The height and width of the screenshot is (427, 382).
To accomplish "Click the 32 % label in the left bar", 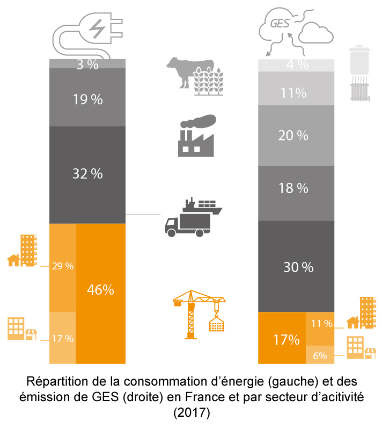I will click(87, 174).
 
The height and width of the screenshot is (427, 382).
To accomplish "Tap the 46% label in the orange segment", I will click(100, 289).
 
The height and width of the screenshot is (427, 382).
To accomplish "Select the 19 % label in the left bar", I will click(87, 99).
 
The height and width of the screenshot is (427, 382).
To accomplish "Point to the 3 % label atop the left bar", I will click(87, 65).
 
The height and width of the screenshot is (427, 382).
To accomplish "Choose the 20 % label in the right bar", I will click(293, 136).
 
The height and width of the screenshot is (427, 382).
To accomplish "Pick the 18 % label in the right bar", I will click(293, 188).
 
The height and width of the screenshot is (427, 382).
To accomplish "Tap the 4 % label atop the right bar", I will click(297, 65).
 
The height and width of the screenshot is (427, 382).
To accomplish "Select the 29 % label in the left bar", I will click(63, 266).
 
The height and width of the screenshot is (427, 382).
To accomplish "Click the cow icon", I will click(181, 70).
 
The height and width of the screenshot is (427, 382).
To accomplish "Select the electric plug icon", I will click(90, 32).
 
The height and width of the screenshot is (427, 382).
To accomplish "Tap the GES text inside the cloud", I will click(279, 24).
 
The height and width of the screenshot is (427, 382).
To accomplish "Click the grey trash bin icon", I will click(358, 60).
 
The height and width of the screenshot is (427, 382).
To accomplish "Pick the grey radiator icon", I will click(358, 90).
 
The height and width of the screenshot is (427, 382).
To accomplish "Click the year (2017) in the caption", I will click(191, 413).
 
